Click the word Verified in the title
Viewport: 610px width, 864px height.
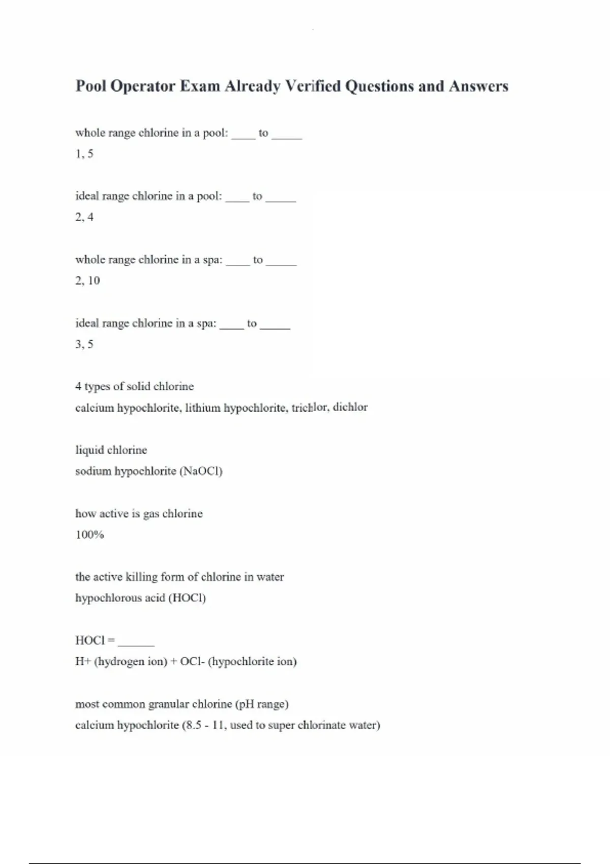(313, 86)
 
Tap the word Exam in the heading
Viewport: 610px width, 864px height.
(200, 86)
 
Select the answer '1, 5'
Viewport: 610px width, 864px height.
(84, 154)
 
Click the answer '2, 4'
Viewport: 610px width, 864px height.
(84, 218)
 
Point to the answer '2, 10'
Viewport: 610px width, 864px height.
(87, 281)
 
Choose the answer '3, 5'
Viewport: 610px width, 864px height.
(84, 345)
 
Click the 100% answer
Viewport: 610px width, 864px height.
(89, 535)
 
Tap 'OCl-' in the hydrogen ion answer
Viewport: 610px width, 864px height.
(192, 662)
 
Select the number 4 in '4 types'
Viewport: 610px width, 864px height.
(78, 387)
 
